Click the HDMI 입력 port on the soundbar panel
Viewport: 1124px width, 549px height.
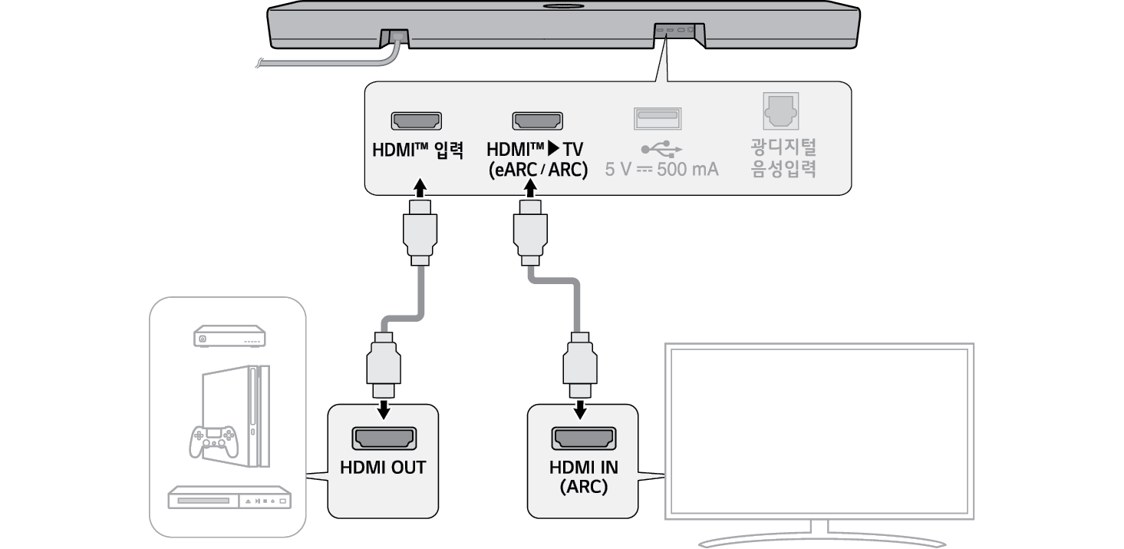417,121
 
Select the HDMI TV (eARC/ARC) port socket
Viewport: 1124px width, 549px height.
537,121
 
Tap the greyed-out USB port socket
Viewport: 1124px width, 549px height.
658,118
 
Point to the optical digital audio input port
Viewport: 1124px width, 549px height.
781,112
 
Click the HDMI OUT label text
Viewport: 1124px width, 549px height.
383,468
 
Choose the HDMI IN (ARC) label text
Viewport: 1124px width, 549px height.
583,477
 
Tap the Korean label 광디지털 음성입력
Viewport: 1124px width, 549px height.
783,157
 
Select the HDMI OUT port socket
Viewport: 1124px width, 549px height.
384,438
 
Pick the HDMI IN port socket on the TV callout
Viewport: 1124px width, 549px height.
583,438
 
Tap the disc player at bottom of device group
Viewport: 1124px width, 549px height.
229,498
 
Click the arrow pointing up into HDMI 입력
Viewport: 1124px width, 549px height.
418,188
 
